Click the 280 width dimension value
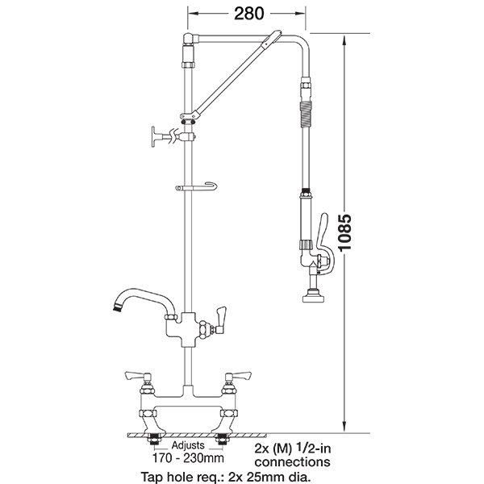[x=248, y=13]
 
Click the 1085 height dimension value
[x=344, y=232]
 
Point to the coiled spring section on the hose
[x=306, y=115]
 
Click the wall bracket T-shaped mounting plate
[x=154, y=136]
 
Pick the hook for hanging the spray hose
[x=196, y=187]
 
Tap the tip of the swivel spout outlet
[x=117, y=308]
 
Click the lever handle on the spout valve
[x=221, y=320]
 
